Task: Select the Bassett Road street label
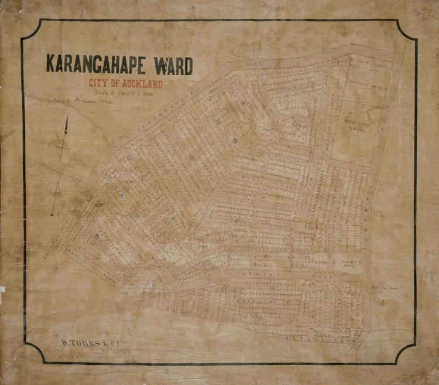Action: pos(316,340)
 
